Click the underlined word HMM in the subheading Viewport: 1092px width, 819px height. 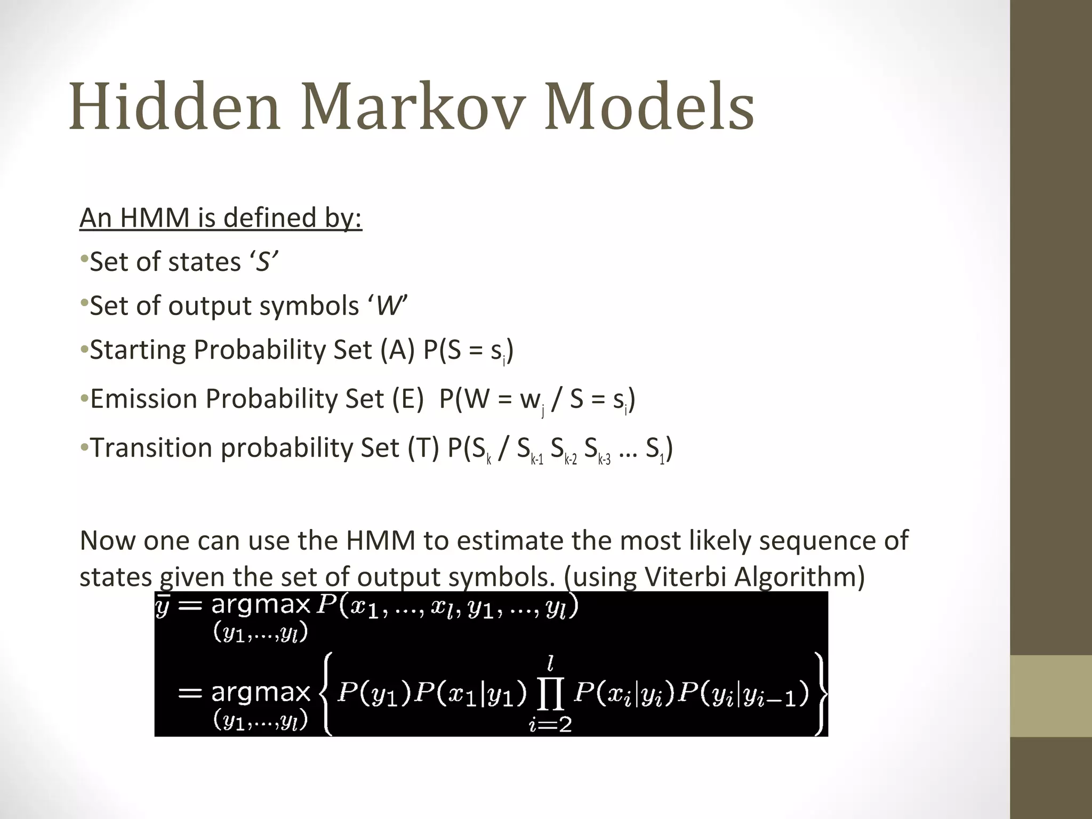(x=155, y=218)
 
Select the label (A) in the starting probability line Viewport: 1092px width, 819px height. (x=397, y=350)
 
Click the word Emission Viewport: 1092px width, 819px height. (x=144, y=399)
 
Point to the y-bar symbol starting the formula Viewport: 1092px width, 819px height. (x=162, y=606)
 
